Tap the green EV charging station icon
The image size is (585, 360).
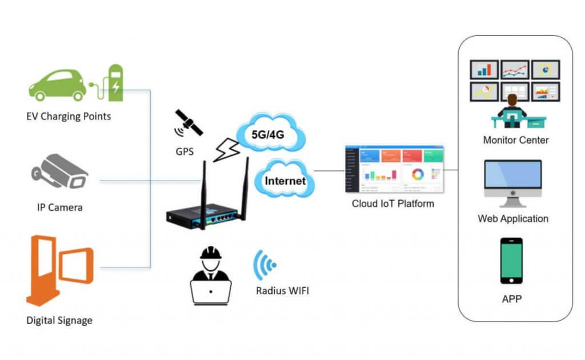115,83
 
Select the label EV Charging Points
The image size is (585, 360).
69,117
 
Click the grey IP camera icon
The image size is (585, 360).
60,171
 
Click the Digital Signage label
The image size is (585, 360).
59,320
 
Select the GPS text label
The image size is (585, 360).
185,153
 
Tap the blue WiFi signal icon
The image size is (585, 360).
266,265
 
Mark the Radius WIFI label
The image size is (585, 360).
282,291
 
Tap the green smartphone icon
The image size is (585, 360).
511,261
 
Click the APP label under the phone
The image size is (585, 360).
511,298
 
